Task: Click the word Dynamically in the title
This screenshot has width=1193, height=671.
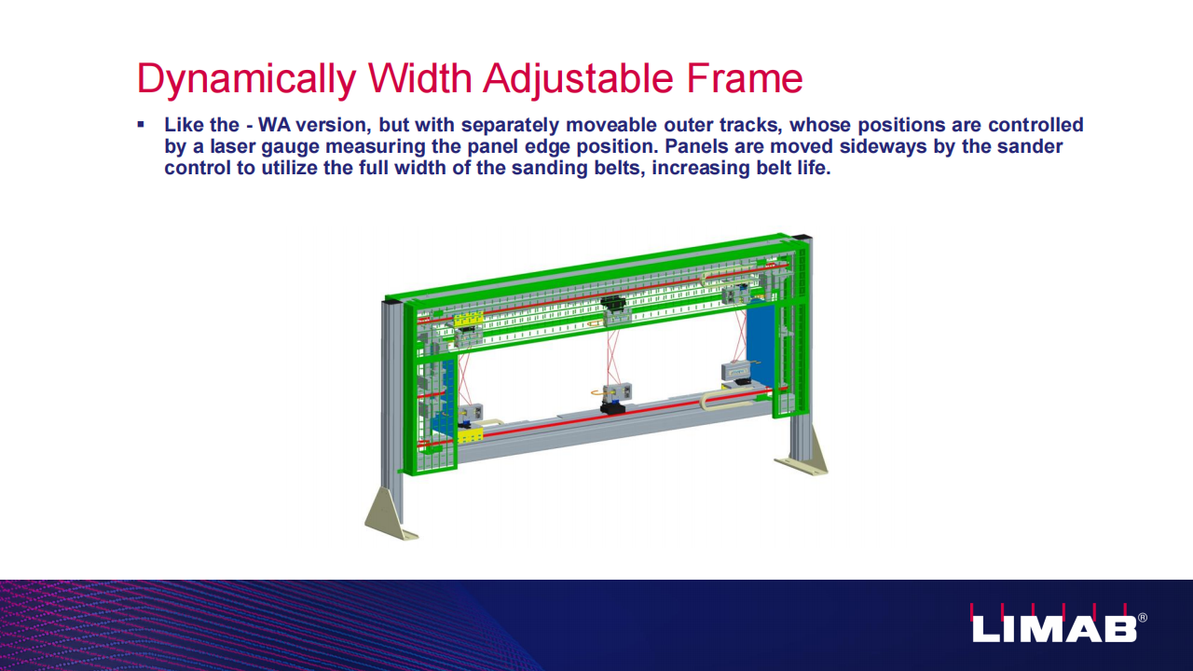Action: coord(246,80)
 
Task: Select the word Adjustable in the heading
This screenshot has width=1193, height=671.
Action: coord(579,80)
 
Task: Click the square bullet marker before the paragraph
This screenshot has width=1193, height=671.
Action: coord(141,125)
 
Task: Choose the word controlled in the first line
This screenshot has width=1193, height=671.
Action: coord(1035,125)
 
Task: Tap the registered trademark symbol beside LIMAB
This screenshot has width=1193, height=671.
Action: coord(1143,618)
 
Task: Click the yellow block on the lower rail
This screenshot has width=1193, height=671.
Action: coord(470,435)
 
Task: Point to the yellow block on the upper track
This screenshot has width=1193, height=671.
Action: coord(467,320)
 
